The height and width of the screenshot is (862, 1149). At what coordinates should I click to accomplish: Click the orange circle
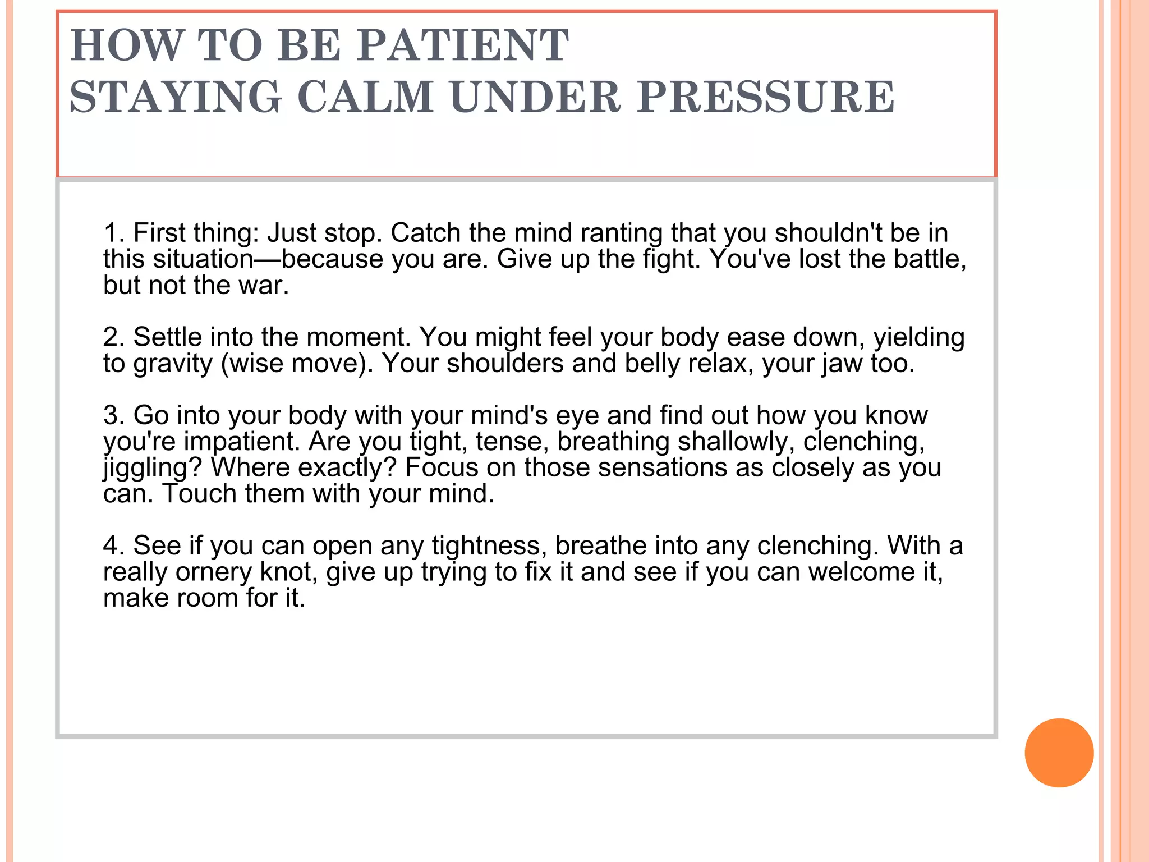[x=1059, y=753]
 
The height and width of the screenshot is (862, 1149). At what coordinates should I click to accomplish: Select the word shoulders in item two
[x=505, y=363]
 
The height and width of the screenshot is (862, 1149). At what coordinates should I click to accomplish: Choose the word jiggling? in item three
[x=153, y=468]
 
